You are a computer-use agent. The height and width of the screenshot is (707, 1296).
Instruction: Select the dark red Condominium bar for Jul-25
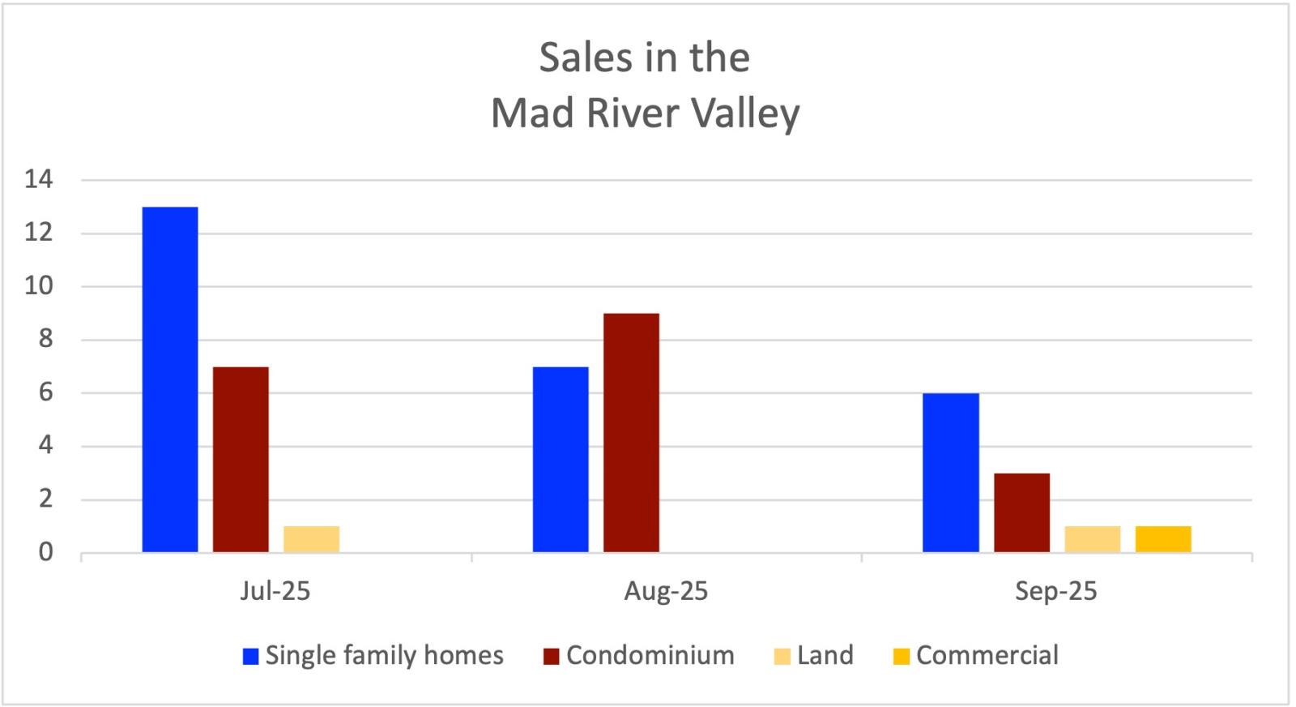241,460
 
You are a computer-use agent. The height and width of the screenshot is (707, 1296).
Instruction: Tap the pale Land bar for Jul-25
311,539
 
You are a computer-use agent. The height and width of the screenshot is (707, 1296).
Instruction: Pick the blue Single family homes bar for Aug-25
561,460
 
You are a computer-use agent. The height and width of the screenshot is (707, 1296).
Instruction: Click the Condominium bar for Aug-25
631,433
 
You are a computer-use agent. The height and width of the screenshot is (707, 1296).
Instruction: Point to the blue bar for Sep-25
951,473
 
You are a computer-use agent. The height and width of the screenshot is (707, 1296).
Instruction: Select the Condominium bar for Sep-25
1021,512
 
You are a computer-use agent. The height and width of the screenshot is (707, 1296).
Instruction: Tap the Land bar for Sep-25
1092,539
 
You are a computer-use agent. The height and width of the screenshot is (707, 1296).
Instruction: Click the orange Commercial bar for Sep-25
1163,539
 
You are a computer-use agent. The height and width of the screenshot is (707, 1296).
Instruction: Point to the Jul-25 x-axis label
275,591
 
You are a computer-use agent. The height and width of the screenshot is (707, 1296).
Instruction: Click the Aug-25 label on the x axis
666,591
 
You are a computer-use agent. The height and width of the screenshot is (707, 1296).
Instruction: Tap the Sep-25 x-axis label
1055,591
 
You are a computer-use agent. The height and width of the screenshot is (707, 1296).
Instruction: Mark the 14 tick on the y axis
39,180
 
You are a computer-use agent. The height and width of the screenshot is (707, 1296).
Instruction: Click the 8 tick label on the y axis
45,340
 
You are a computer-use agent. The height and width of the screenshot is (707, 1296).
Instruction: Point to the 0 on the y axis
45,552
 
